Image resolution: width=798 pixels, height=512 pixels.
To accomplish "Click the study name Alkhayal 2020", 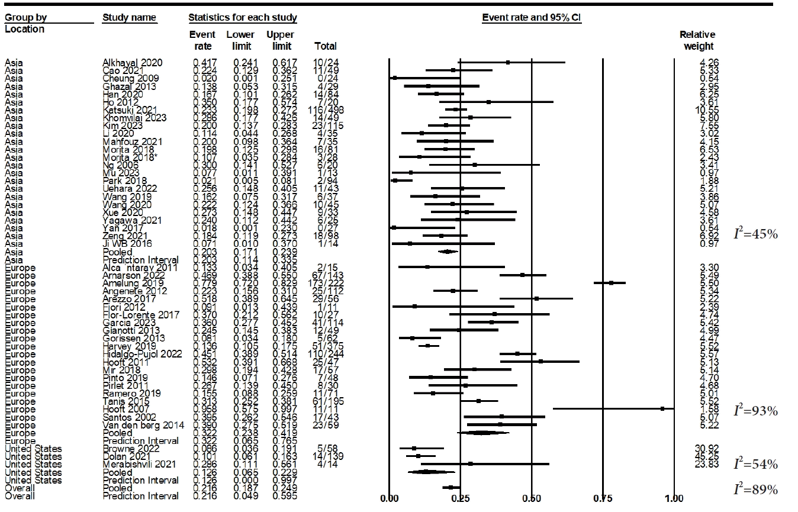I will coord(132,62).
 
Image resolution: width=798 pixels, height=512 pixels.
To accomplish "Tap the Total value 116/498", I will coord(326,110).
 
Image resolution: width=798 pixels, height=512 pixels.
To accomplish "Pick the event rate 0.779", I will coord(203,283).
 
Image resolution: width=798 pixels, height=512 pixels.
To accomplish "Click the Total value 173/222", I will coord(326,283).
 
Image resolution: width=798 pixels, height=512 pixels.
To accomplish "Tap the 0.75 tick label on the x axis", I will coord(603,498).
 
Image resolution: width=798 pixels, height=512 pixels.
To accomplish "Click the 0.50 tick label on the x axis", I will coord(532,498).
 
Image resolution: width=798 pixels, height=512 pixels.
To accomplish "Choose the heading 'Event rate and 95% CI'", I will coord(532,17).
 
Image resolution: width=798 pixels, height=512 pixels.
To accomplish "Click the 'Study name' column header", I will coord(129,17).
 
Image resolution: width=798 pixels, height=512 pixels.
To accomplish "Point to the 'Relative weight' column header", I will coord(697,40).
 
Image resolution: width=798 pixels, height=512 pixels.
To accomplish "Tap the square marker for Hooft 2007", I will coord(662,408).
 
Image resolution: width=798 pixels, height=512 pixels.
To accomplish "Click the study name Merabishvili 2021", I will coord(139,465).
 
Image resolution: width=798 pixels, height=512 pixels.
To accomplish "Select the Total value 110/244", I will coord(326,354).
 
